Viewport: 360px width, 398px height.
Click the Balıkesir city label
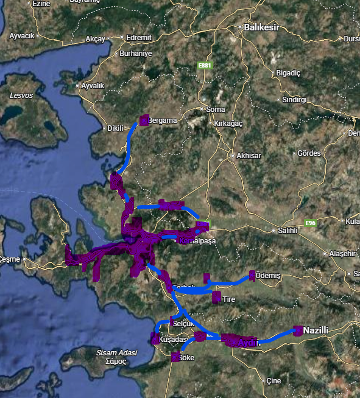(x=260, y=27)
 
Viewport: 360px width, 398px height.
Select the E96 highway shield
(x=311, y=223)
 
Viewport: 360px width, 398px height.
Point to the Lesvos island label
(x=21, y=96)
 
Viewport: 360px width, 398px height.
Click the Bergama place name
(x=162, y=120)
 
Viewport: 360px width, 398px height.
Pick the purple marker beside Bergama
(x=144, y=120)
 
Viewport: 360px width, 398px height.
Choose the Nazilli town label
(x=316, y=330)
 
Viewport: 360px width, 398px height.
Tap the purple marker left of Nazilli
(x=297, y=330)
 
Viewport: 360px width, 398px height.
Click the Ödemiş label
(x=269, y=276)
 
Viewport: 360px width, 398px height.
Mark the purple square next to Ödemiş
(x=253, y=276)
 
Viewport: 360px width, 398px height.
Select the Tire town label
(x=229, y=299)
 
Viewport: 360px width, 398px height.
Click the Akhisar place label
(x=249, y=156)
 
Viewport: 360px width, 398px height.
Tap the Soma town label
(x=216, y=110)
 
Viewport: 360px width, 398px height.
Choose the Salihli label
(x=287, y=230)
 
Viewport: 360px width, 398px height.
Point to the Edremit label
(x=139, y=38)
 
